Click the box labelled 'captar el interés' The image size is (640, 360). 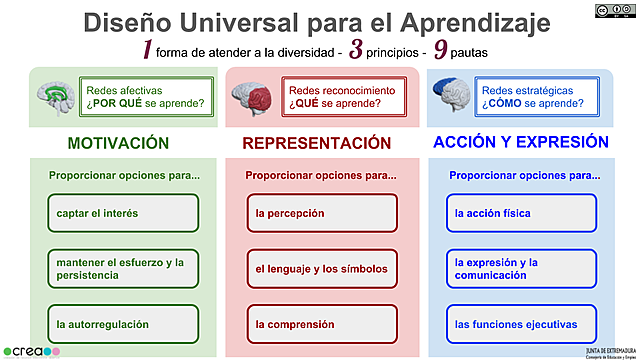point(123,213)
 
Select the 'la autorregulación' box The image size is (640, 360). point(123,324)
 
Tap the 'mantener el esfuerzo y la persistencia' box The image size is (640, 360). point(123,268)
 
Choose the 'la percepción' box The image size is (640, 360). point(322,213)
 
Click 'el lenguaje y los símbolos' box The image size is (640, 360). point(322,268)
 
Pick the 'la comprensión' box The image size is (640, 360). point(322,324)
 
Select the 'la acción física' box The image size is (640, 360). point(521,213)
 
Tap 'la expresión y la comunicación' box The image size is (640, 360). point(521,268)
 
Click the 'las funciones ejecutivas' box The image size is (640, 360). point(521,324)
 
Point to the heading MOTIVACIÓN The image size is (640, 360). point(118,143)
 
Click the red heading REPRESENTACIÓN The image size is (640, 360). point(317,143)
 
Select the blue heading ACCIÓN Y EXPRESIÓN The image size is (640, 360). point(521,142)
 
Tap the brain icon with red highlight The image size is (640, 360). point(254,95)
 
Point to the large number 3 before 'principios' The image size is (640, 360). point(355,51)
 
